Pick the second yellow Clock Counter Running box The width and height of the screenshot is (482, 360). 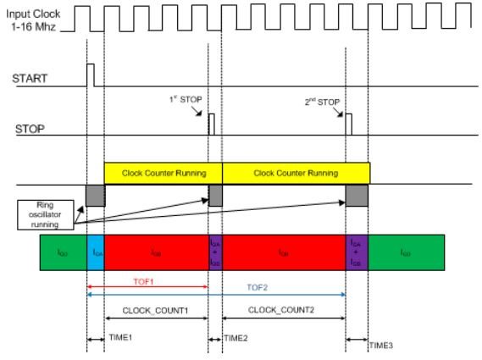296,173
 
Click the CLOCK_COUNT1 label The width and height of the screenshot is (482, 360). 157,309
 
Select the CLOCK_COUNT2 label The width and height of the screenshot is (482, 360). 283,309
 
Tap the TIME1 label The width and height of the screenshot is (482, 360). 119,337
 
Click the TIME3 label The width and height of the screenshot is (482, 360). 381,346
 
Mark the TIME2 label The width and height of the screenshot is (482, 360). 236,337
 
